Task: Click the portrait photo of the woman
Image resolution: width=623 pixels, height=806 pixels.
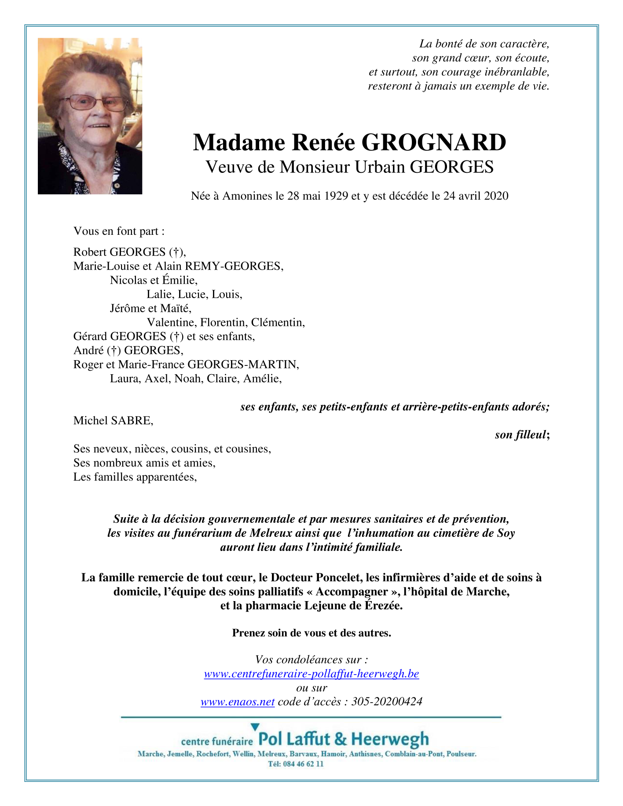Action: (x=90, y=116)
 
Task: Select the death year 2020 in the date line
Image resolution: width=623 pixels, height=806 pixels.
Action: (x=496, y=196)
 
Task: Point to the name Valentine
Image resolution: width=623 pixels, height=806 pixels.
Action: (x=171, y=323)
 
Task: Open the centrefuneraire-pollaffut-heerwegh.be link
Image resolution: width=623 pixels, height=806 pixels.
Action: (x=311, y=674)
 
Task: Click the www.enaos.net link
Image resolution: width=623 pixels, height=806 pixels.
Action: (x=238, y=702)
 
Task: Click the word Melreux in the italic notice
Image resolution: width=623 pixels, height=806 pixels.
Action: (x=270, y=533)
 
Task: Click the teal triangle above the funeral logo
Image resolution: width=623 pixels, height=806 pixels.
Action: (x=255, y=727)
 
